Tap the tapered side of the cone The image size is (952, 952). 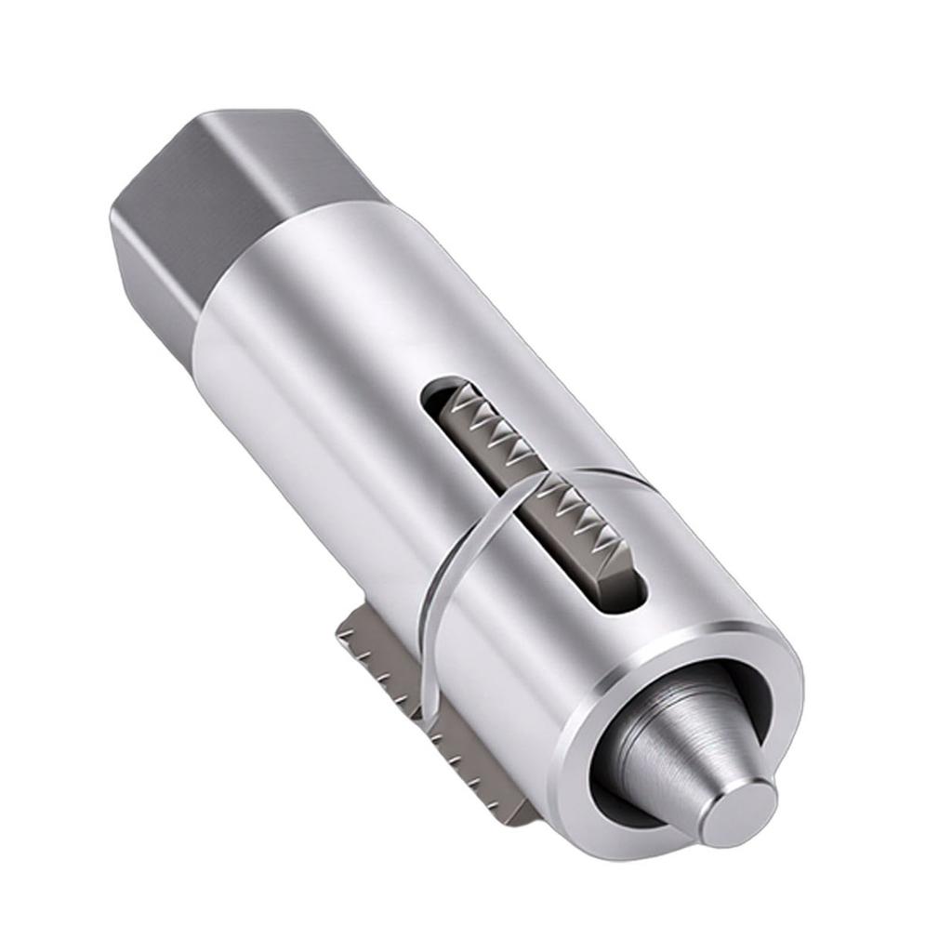pyautogui.click(x=679, y=744)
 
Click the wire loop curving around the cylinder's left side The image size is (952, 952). pyautogui.click(x=437, y=595)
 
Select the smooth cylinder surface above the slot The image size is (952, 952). pyautogui.click(x=353, y=307)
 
